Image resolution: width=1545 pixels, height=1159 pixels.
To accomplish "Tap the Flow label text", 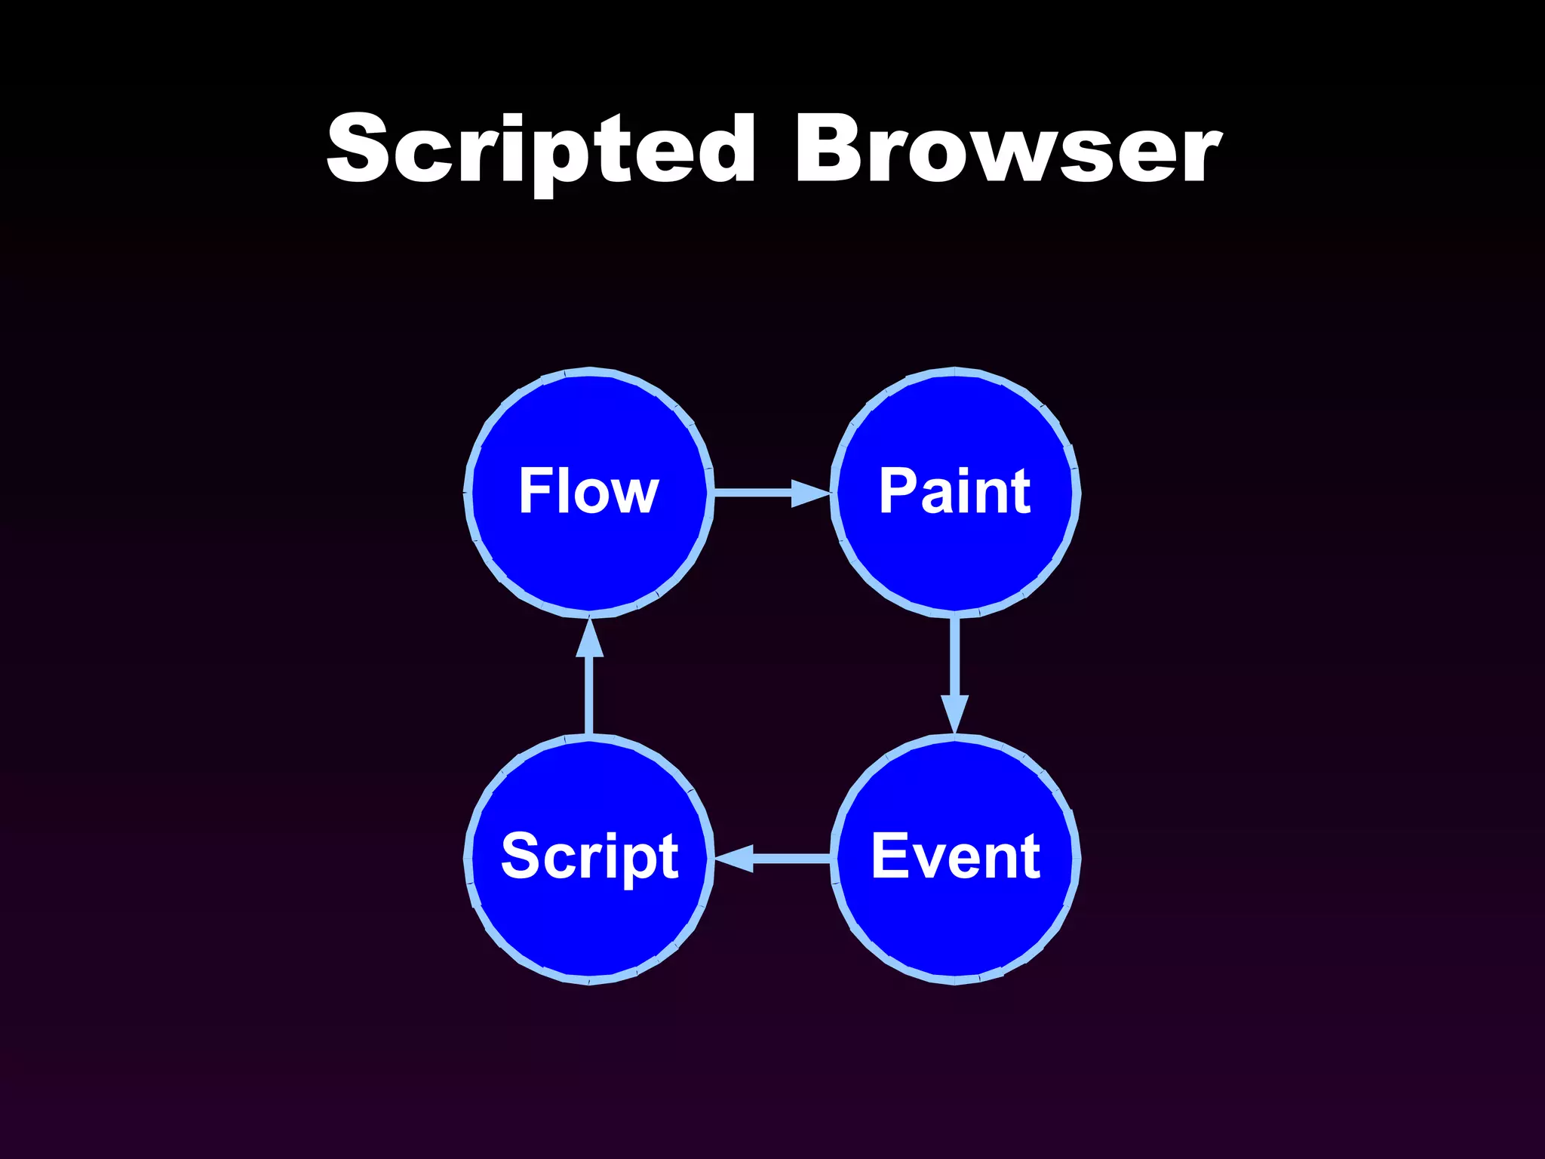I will point(588,491).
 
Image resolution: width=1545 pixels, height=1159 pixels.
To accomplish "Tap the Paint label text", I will point(954,491).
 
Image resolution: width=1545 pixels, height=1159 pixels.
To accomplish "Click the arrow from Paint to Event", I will point(954,664).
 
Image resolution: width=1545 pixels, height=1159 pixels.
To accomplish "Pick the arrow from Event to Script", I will point(785,858).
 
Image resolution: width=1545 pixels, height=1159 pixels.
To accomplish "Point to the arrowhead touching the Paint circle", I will point(810,493).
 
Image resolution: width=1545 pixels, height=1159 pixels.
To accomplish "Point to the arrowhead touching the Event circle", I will point(954,713).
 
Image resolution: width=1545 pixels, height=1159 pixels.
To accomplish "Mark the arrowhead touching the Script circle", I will point(734,858).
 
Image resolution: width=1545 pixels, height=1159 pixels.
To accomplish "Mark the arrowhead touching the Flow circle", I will point(589,638).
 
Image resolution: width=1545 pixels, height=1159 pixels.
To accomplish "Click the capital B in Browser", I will point(828,149).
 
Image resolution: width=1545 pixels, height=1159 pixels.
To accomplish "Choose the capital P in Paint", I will point(898,491).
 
